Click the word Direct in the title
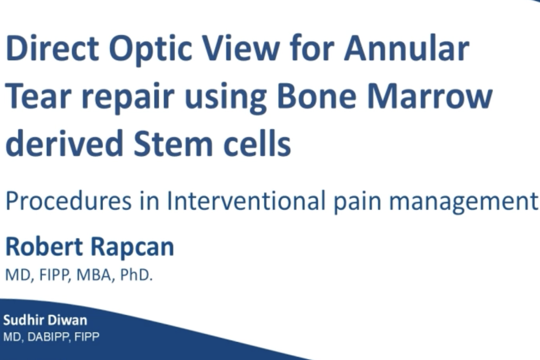[x=53, y=48]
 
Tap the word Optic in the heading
[x=150, y=50]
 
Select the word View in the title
[x=240, y=48]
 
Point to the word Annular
[x=407, y=48]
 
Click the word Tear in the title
[x=38, y=96]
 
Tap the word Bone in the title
[x=316, y=96]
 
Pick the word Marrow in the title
[x=430, y=96]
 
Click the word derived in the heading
[x=64, y=142]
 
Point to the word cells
[x=257, y=142]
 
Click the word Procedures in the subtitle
[x=69, y=200]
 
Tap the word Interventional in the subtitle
[x=246, y=200]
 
